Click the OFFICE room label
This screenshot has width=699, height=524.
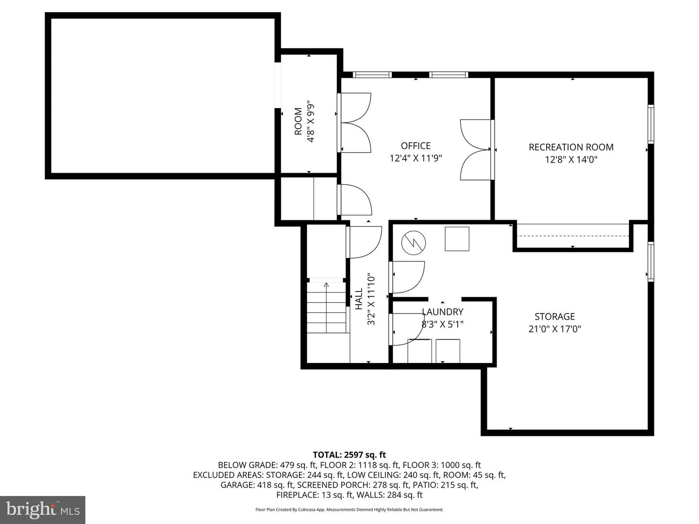click(x=416, y=146)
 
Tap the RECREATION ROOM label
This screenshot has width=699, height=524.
click(x=571, y=147)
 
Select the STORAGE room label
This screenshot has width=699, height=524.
click(x=554, y=316)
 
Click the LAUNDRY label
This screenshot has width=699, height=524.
click(x=442, y=312)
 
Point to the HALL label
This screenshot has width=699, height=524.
click(x=359, y=299)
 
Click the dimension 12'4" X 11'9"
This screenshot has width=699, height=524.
click(x=416, y=158)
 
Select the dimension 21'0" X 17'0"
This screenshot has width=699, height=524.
click(x=554, y=329)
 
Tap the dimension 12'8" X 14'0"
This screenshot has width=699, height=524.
click(x=571, y=160)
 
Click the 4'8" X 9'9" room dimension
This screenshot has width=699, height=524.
click(x=311, y=121)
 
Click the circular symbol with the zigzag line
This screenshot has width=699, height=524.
click(x=414, y=242)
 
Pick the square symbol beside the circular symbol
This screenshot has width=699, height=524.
click(x=457, y=239)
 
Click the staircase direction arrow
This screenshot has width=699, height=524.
click(x=326, y=285)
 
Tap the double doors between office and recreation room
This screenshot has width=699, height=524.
click(x=477, y=149)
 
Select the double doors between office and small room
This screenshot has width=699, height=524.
click(x=355, y=122)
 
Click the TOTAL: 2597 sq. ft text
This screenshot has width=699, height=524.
click(x=349, y=455)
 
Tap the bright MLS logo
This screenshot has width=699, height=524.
click(x=43, y=509)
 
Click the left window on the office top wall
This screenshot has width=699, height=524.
click(x=372, y=75)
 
